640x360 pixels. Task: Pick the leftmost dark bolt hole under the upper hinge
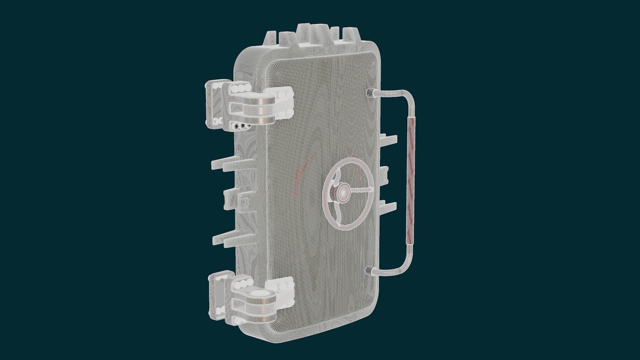(237, 126)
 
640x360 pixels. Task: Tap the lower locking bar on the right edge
(389, 207)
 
